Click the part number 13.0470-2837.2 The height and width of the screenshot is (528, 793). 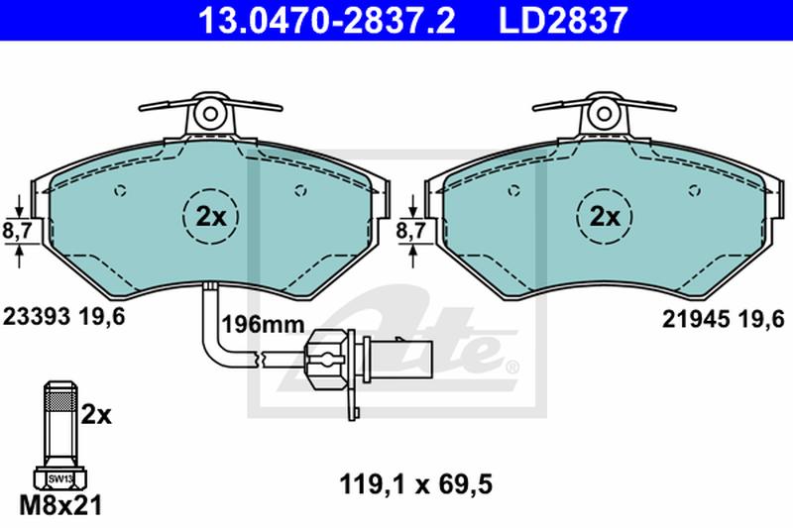click(326, 20)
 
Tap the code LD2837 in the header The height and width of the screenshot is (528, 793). click(563, 20)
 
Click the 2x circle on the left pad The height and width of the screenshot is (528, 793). click(210, 217)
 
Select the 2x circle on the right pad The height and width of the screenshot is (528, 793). click(605, 217)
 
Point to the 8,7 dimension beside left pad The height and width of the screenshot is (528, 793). click(17, 231)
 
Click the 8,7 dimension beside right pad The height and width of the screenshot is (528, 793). click(410, 231)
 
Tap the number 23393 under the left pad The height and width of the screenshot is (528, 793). click(37, 317)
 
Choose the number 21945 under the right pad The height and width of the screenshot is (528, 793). click(697, 319)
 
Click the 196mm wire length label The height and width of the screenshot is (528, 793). click(264, 324)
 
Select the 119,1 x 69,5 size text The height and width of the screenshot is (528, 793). click(416, 485)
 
